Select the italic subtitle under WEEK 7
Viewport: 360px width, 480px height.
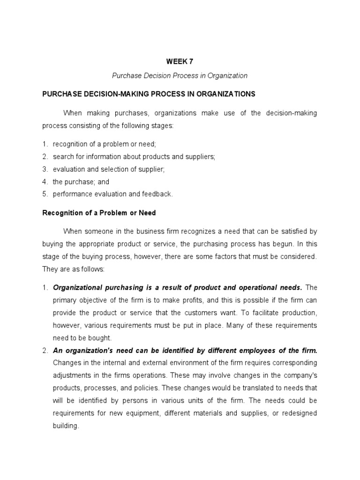click(x=180, y=75)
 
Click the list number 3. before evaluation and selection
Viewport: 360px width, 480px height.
click(x=45, y=169)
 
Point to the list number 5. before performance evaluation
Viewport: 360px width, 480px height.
click(x=45, y=194)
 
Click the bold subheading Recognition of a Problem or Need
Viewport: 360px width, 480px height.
click(x=99, y=213)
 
